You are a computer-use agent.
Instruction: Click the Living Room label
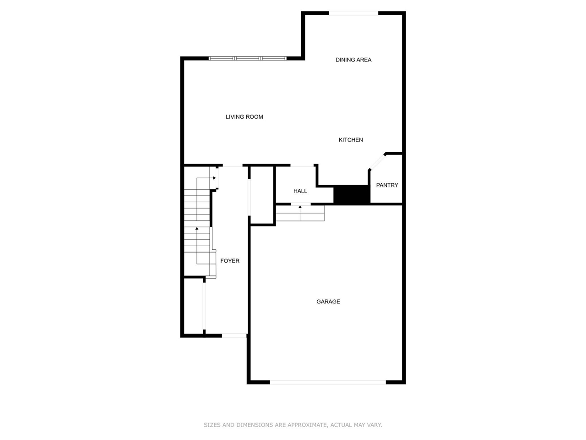(244, 117)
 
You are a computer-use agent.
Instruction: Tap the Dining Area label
(353, 60)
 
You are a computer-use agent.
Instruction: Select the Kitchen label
(351, 140)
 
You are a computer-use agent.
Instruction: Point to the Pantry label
(387, 185)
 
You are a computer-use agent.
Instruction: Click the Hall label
(300, 191)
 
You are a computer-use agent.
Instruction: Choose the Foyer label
(230, 261)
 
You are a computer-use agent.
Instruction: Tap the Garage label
(328, 302)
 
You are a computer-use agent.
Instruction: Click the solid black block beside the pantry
(352, 194)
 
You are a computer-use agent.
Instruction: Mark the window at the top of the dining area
(354, 13)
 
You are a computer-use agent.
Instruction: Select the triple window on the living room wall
(248, 58)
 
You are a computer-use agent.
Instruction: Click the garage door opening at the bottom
(328, 382)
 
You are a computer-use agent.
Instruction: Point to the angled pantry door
(377, 162)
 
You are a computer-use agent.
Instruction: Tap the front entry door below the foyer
(234, 335)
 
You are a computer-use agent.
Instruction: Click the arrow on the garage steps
(300, 207)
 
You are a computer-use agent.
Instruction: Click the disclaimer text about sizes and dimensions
(293, 425)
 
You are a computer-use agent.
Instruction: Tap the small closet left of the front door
(193, 306)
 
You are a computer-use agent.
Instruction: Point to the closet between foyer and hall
(262, 195)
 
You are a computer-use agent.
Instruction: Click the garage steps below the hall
(300, 214)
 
